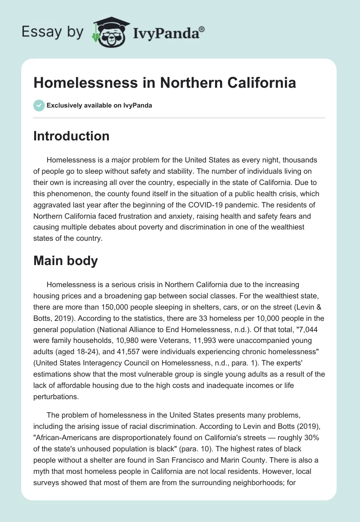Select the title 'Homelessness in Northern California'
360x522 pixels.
(x=165, y=83)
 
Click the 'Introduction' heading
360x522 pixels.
(x=71, y=136)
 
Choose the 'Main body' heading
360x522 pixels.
(x=65, y=261)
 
